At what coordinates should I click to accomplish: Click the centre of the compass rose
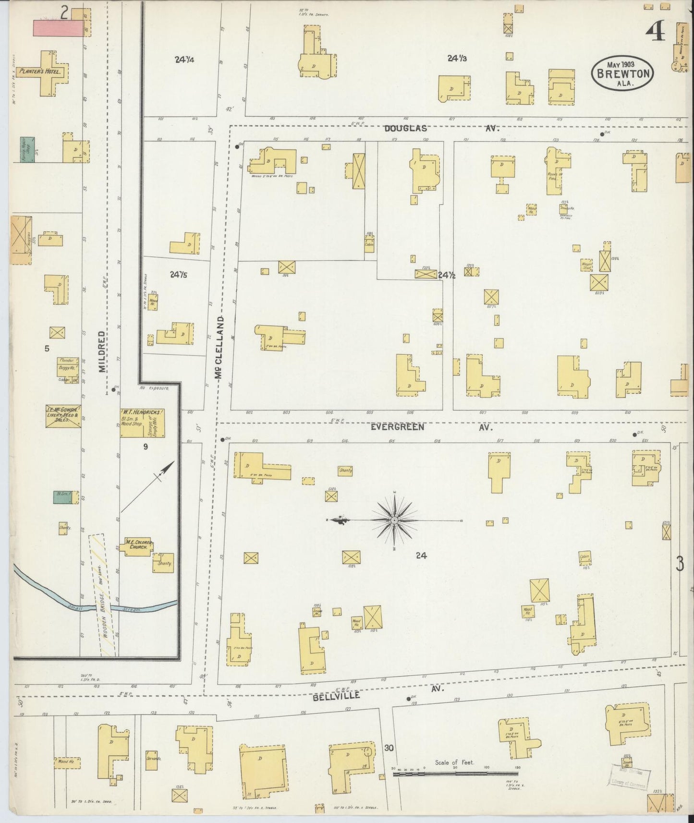click(394, 520)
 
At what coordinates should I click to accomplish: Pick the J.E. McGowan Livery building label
click(63, 413)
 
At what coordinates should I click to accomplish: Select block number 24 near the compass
click(421, 556)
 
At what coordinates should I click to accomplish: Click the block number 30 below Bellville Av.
click(389, 748)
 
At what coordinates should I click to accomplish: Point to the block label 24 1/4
click(184, 60)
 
